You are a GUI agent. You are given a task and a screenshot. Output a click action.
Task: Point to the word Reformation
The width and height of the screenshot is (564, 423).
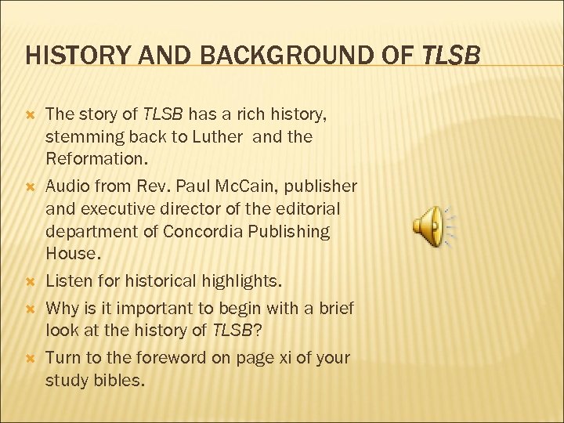(95, 159)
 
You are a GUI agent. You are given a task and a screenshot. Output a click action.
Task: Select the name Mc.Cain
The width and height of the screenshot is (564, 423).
(248, 186)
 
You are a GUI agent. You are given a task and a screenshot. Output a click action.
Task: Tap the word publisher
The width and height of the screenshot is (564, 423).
(321, 186)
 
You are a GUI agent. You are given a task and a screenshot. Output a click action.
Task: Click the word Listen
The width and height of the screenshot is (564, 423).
(70, 280)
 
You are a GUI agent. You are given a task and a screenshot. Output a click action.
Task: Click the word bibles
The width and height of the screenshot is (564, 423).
(125, 381)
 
